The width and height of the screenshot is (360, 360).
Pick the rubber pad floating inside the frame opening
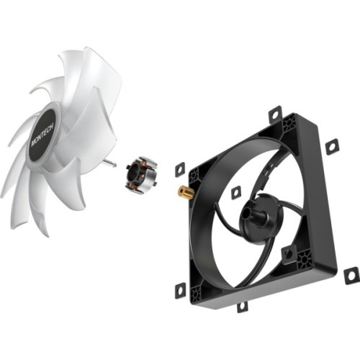pyautogui.click(x=235, y=192)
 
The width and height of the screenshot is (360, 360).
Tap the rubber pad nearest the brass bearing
pyautogui.click(x=179, y=169)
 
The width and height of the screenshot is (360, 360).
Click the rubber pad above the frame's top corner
pyautogui.click(x=275, y=114)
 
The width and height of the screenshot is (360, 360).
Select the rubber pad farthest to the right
pyautogui.click(x=351, y=274)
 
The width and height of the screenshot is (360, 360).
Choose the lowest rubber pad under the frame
pyautogui.click(x=242, y=306)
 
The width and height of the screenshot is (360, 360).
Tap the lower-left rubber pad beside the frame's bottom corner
pyautogui.click(x=180, y=289)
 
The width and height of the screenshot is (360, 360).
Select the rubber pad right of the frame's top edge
pyautogui.click(x=331, y=146)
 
